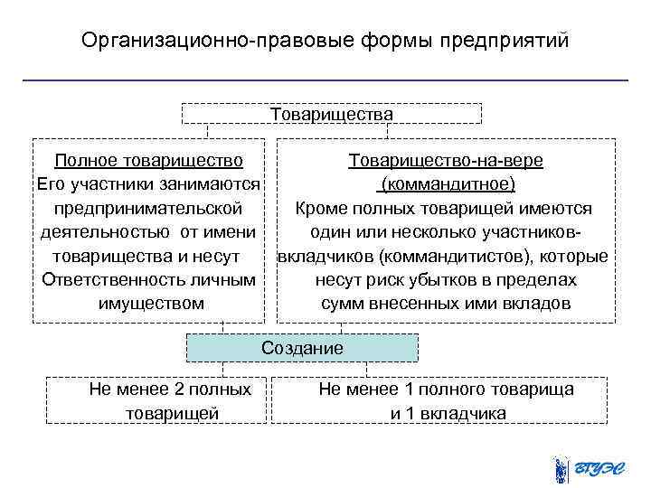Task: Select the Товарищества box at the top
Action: click(x=332, y=114)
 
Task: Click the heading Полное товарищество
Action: click(x=148, y=161)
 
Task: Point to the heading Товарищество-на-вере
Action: click(x=446, y=161)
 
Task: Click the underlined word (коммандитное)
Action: click(x=447, y=184)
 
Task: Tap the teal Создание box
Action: click(x=303, y=348)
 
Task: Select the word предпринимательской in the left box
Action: click(x=148, y=208)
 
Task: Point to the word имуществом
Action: click(x=150, y=303)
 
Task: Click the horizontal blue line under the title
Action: click(x=325, y=80)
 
